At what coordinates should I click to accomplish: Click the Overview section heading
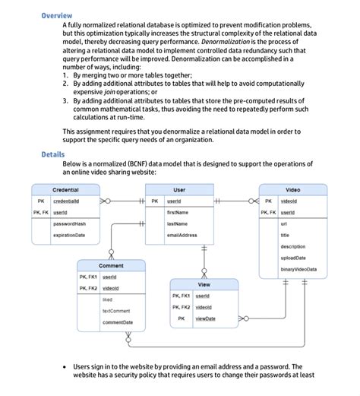click(x=57, y=16)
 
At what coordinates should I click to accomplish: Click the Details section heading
click(x=53, y=154)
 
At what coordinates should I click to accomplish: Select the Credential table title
click(x=65, y=189)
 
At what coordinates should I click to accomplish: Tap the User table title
click(x=179, y=189)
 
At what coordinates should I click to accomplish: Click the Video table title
click(x=292, y=189)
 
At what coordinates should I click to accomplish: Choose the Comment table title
click(x=111, y=266)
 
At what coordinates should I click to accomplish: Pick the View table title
click(x=204, y=284)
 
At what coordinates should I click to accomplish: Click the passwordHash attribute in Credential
click(x=69, y=224)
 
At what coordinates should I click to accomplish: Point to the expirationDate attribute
click(x=69, y=236)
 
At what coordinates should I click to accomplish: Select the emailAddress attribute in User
click(x=182, y=236)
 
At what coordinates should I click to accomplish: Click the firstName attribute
click(x=177, y=213)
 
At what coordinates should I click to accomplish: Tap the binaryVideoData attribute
click(x=298, y=270)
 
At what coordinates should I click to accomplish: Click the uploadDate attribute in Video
click(x=293, y=258)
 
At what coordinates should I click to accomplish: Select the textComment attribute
click(x=116, y=311)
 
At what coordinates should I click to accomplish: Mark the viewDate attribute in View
click(x=205, y=318)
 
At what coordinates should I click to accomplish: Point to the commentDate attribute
click(x=118, y=322)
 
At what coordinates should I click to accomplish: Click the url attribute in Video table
click(x=283, y=224)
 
